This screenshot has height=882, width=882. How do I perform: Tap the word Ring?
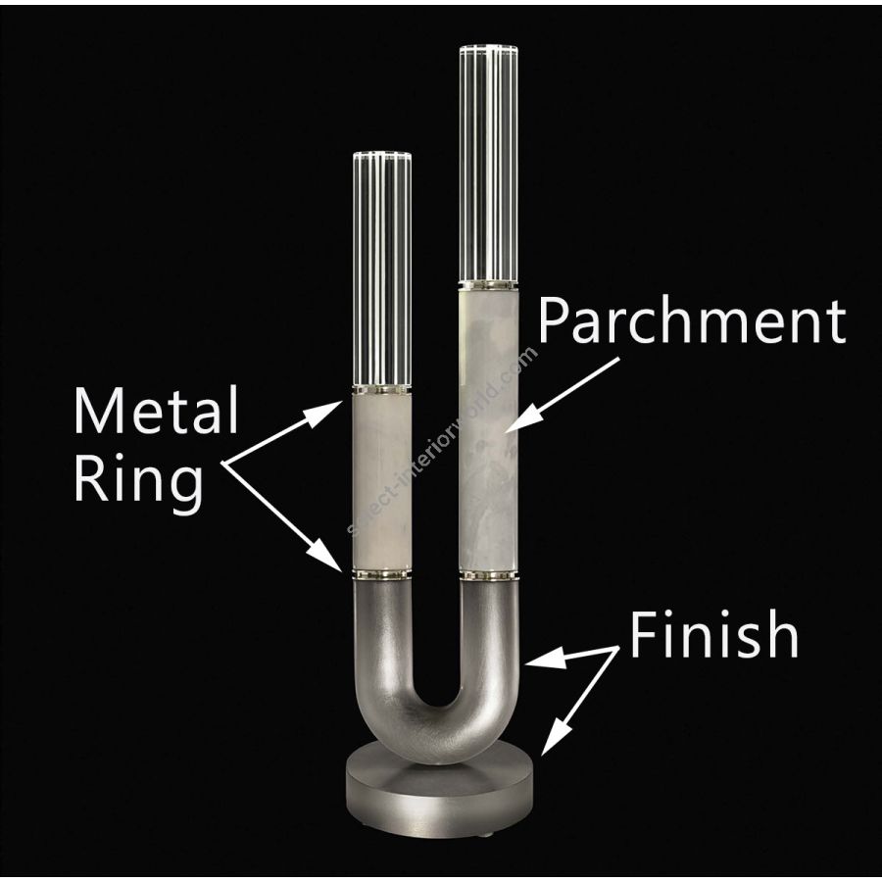click(x=138, y=480)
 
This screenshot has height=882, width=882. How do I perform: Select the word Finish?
click(x=713, y=633)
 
